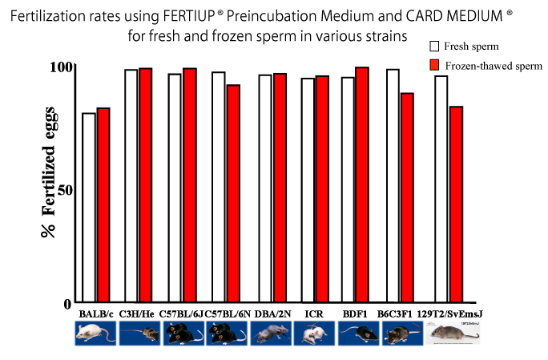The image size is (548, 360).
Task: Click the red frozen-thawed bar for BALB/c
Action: pos(103,204)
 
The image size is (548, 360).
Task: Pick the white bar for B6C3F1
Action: pos(393,185)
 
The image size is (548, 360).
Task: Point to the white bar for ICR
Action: pos(307,189)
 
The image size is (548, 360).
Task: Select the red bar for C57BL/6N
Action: pos(233,193)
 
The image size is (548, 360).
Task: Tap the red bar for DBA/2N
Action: pos(280,188)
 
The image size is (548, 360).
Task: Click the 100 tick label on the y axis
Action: pos(61,67)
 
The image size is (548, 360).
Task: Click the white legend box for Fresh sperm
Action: pos(435,47)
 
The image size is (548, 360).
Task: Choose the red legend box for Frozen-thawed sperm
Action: pos(435,64)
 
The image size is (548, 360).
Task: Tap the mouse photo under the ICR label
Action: pos(313,333)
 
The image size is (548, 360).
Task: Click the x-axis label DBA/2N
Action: pos(270,313)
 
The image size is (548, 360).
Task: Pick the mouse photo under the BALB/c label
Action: pos(95,333)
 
